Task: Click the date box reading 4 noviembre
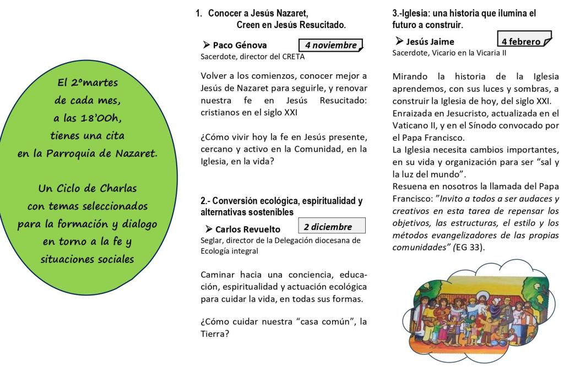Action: (x=330, y=46)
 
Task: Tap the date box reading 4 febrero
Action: (x=524, y=41)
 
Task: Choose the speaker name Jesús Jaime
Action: (x=430, y=42)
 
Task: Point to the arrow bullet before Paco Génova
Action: (x=207, y=46)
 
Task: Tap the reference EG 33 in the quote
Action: (x=471, y=248)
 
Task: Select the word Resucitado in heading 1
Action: (x=323, y=24)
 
